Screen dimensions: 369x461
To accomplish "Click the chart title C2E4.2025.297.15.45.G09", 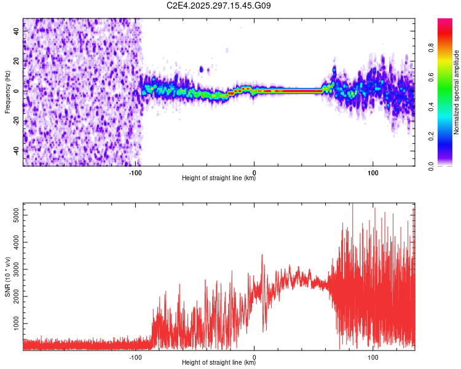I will click(x=219, y=6).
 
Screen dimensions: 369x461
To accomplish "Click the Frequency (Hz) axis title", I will click(x=7, y=92).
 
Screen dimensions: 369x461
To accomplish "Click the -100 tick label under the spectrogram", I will click(x=136, y=172).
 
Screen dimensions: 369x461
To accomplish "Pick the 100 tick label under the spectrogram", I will click(x=372, y=172).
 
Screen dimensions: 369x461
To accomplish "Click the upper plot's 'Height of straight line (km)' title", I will click(x=219, y=178).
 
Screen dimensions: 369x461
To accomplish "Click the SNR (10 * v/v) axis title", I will click(x=7, y=277).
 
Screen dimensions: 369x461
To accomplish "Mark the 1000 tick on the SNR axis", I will click(x=14, y=323).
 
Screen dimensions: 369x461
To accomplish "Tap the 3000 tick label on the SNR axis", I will click(x=14, y=269).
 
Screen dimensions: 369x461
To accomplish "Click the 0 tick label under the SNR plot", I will click(x=254, y=357).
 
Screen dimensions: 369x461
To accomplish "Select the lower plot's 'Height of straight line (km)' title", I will click(x=219, y=363).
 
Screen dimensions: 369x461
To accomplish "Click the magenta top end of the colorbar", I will click(x=445, y=22).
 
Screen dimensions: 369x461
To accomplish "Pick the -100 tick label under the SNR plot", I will click(x=136, y=357).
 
